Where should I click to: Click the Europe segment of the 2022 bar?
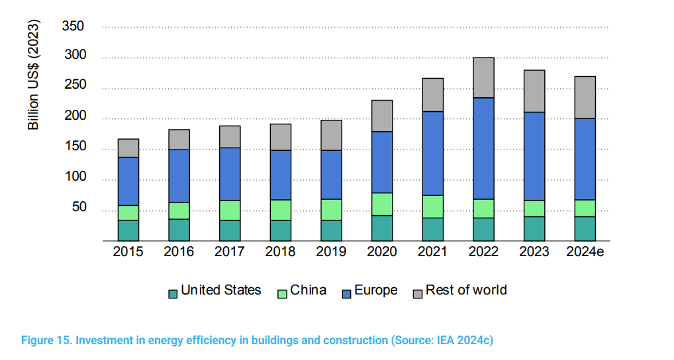pyautogui.click(x=483, y=148)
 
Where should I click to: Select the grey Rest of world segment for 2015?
pyautogui.click(x=128, y=148)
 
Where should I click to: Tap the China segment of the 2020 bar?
pyautogui.click(x=382, y=204)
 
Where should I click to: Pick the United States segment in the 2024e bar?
pyautogui.click(x=585, y=228)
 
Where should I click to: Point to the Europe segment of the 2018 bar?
pyautogui.click(x=280, y=175)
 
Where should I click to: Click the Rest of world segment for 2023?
pyautogui.click(x=534, y=91)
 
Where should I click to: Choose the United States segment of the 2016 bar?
pyautogui.click(x=179, y=229)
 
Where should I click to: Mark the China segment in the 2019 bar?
pyautogui.click(x=331, y=209)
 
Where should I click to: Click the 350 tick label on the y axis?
pyautogui.click(x=73, y=26)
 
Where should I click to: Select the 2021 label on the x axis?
pyautogui.click(x=432, y=252)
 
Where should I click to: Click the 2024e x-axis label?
pyautogui.click(x=585, y=252)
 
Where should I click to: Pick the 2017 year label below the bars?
pyautogui.click(x=230, y=252)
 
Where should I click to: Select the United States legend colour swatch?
pyautogui.click(x=173, y=293)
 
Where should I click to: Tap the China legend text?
pyautogui.click(x=308, y=291)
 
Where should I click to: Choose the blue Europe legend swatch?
pyautogui.click(x=346, y=293)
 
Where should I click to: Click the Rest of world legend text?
pyautogui.click(x=466, y=291)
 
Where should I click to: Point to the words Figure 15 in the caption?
pyautogui.click(x=44, y=340)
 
